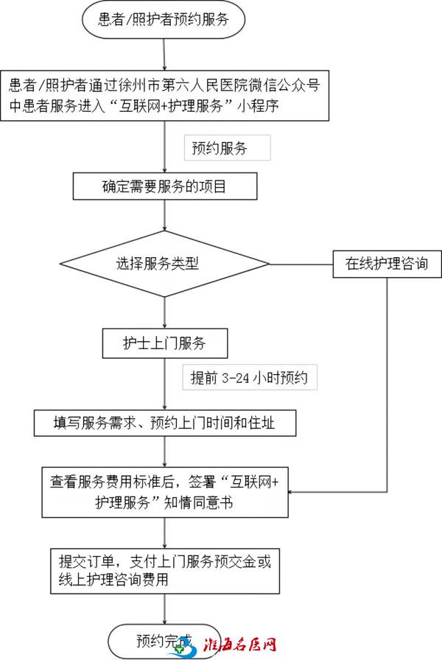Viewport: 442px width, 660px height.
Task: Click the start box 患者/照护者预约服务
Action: point(164,21)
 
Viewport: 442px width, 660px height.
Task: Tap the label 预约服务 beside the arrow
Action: point(227,148)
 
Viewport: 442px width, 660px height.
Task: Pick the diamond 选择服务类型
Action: point(164,264)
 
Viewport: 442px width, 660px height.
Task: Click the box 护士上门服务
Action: point(164,343)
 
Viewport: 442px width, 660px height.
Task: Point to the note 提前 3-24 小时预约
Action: point(250,379)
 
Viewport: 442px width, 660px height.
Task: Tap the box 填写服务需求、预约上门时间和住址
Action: point(164,424)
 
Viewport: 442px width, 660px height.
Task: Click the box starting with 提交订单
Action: point(164,569)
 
